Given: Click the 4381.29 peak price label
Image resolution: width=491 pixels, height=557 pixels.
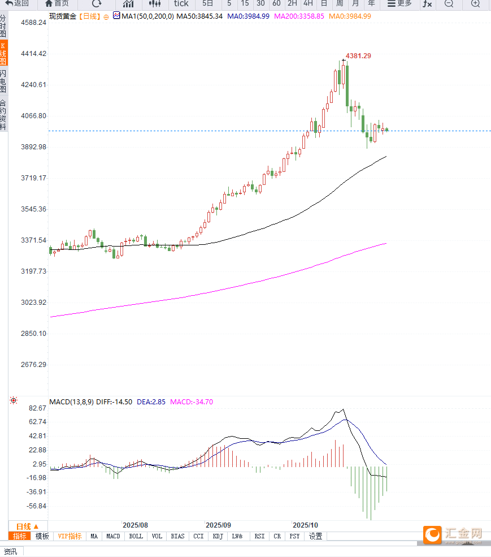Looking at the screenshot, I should click(358, 56).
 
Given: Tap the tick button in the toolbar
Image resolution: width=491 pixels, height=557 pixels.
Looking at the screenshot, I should click(181, 3).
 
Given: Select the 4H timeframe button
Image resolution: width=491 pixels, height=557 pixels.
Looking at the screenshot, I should click(308, 3).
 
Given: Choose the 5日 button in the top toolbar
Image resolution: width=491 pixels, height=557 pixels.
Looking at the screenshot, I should click(207, 3).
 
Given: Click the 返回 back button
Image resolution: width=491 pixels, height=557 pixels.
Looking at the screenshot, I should click(18, 3).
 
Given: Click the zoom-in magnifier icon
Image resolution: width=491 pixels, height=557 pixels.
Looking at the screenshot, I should click(475, 3).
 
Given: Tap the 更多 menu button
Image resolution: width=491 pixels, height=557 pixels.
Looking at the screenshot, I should click(399, 3).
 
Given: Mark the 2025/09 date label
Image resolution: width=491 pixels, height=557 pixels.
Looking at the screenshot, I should click(218, 525).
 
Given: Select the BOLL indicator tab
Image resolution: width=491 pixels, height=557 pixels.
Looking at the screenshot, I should click(136, 536).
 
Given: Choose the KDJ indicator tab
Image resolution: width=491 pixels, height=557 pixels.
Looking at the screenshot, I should click(218, 536).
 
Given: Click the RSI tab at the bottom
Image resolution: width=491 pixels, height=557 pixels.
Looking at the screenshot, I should click(259, 536).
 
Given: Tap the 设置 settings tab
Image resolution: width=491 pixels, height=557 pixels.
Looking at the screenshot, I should click(315, 536).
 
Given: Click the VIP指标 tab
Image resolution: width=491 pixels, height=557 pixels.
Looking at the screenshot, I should click(69, 536).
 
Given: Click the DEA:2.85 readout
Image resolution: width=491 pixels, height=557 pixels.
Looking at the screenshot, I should click(151, 402).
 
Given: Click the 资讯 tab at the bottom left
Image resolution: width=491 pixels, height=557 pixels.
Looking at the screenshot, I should click(11, 551).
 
